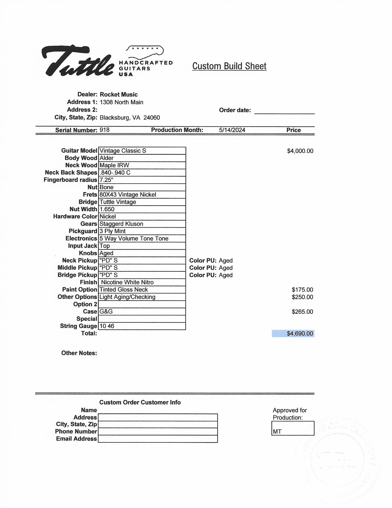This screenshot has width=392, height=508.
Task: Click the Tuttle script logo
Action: point(77,61)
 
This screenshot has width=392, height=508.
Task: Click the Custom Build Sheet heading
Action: point(229,66)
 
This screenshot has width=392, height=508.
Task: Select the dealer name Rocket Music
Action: point(119,95)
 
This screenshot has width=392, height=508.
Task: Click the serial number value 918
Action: point(104,130)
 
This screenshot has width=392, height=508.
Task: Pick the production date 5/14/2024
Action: point(232,130)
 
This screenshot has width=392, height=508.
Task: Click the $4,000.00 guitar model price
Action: point(300,151)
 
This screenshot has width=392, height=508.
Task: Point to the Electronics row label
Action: point(81,239)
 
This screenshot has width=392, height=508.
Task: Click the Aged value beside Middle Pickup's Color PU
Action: point(226,268)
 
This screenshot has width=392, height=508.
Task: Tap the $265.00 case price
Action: point(302,312)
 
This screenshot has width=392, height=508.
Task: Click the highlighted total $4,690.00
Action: point(300,334)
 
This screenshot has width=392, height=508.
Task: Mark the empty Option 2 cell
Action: point(142,304)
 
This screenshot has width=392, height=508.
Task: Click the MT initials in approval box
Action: point(277,431)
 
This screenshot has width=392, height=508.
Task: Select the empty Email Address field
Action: point(158,439)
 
